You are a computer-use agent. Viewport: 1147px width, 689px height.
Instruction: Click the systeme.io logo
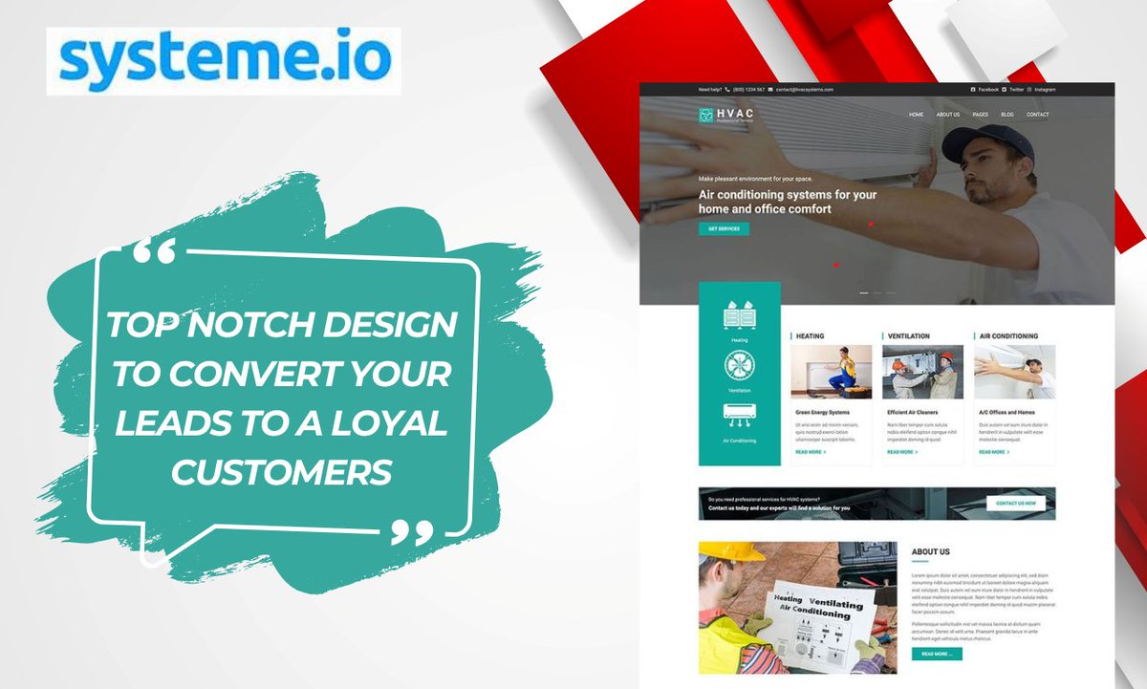point(224,59)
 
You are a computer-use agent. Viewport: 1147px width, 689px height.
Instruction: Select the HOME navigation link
point(916,115)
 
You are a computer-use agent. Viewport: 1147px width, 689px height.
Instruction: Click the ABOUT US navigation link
point(948,115)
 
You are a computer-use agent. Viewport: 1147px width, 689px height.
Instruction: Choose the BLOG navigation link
point(1006,115)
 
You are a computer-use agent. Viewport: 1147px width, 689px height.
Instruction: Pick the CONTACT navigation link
point(1037,115)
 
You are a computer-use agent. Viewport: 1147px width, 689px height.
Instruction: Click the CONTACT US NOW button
point(1016,503)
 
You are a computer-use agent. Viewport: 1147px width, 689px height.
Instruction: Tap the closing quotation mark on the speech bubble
point(413,533)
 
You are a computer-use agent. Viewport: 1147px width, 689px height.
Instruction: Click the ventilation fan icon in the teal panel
point(739,367)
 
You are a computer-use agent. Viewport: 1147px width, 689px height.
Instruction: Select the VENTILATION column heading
point(908,336)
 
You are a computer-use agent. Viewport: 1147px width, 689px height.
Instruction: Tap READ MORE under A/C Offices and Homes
point(993,452)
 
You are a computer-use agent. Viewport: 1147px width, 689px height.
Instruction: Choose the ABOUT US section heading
point(930,552)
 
